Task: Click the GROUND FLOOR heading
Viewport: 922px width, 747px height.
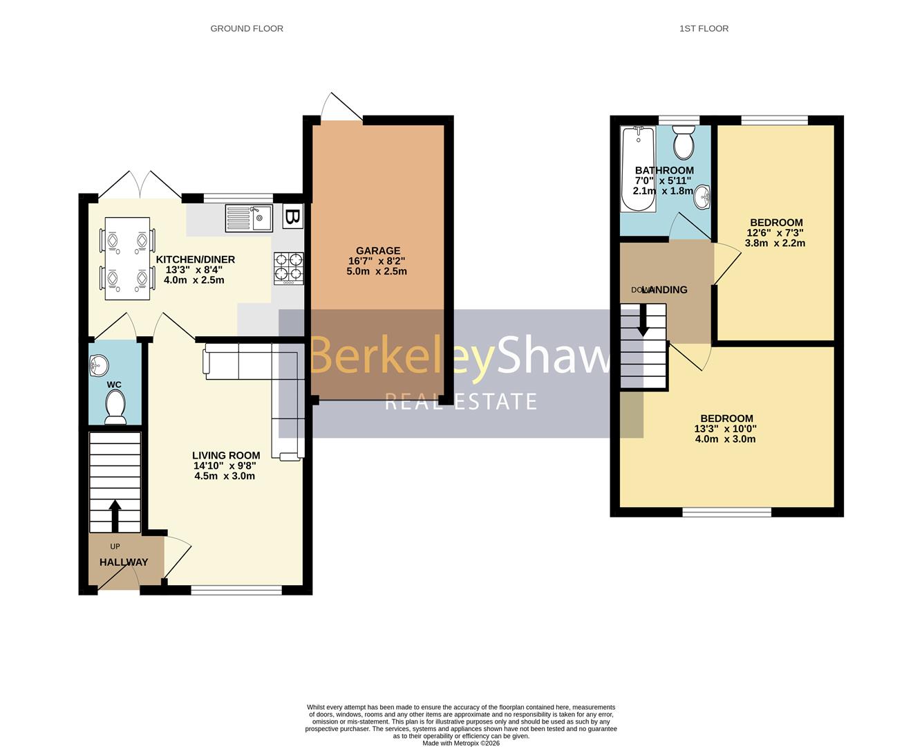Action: point(247,28)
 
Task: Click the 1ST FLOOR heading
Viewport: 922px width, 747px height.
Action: point(704,28)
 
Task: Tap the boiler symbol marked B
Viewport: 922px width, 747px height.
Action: point(292,217)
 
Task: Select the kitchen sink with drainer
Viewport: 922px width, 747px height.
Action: point(249,219)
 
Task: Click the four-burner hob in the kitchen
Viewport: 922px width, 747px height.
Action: point(289,268)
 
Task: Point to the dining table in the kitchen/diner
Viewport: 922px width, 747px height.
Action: point(126,259)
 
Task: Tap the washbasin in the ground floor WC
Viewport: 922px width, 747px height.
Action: point(98,365)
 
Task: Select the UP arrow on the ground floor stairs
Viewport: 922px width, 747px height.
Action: point(115,515)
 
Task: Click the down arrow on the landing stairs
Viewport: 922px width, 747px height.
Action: point(643,321)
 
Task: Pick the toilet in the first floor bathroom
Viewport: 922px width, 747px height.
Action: point(684,142)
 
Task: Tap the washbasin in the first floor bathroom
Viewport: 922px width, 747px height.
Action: point(702,196)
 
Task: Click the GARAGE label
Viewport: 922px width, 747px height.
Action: point(378,251)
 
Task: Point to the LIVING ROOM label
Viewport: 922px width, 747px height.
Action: point(226,456)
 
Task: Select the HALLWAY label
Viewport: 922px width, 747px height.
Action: point(124,562)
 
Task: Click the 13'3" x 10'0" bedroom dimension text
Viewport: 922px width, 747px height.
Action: point(726,429)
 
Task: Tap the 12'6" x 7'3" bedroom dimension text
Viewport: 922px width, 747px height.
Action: point(775,233)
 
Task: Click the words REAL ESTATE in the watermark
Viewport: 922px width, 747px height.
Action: point(461,402)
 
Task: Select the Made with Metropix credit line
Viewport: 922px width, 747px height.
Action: point(461,744)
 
